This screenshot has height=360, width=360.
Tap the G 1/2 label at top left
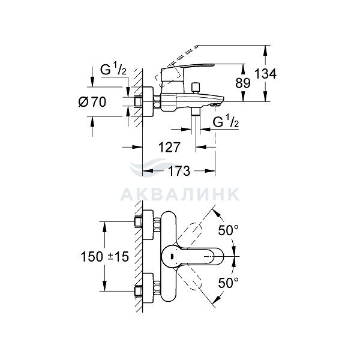tap(112, 70)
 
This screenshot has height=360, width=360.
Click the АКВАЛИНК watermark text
tap(180, 194)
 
